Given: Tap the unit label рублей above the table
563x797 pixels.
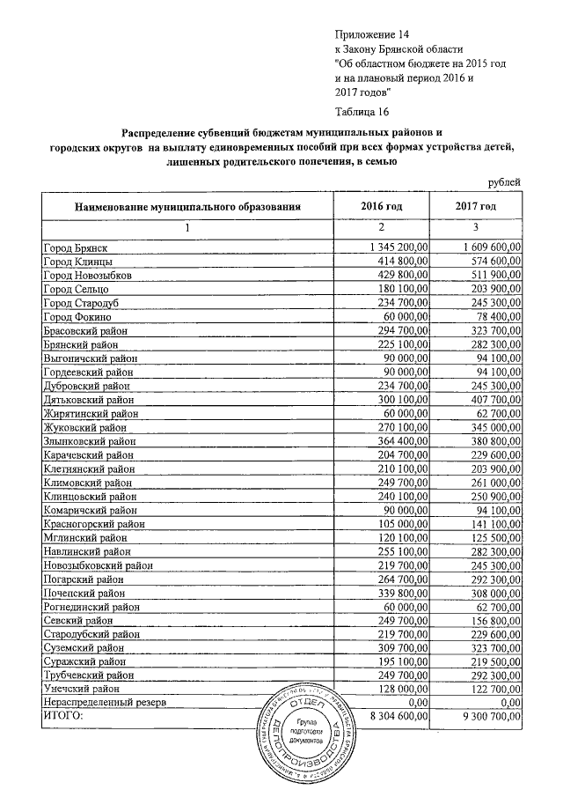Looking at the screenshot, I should [504, 181].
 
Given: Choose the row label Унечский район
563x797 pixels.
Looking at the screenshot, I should [84, 687].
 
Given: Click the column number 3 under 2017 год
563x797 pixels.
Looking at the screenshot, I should [476, 229].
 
